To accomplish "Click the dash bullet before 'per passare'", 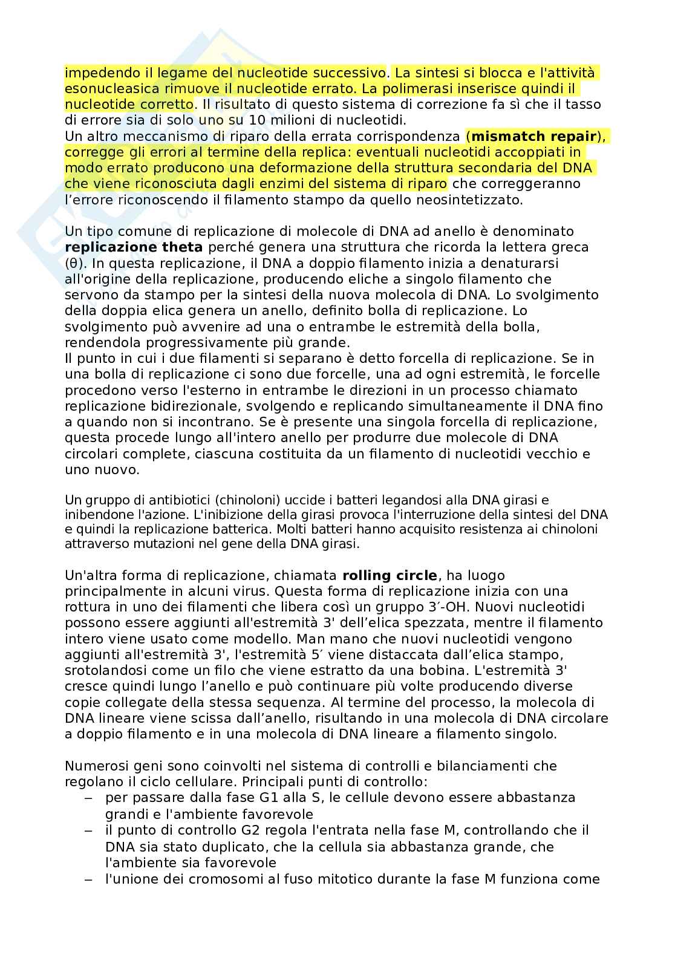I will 88,798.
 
